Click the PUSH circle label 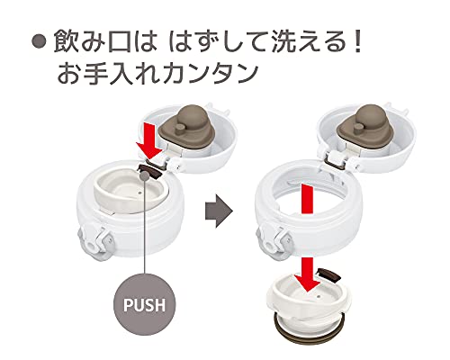tap(144, 304)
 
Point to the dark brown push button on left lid tap(150, 171)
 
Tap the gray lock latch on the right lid tap(273, 241)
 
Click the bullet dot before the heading tap(39, 41)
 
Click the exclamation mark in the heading tap(357, 42)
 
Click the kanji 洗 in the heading tap(283, 42)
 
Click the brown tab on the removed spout tap(329, 274)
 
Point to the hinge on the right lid tap(339, 160)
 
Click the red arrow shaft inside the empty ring tap(307, 199)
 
